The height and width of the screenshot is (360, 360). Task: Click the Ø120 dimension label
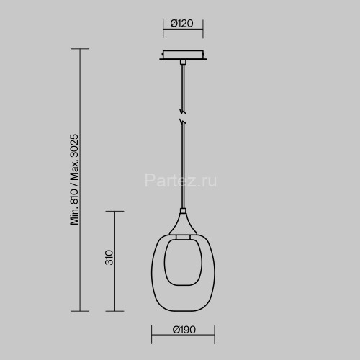point(182,24)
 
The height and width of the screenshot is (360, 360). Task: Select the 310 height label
point(108,257)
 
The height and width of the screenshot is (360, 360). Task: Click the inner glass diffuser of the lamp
point(183,261)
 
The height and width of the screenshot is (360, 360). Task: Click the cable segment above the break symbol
point(184,86)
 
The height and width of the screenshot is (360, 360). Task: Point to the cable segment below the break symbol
point(184,166)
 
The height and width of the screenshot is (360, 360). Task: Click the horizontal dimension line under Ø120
point(183,35)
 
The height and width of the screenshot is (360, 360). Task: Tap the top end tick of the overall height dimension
point(79,49)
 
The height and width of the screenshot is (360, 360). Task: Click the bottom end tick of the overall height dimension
point(79,310)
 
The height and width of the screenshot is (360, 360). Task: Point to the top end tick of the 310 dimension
point(115,211)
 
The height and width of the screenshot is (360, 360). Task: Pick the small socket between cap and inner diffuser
point(184,236)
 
